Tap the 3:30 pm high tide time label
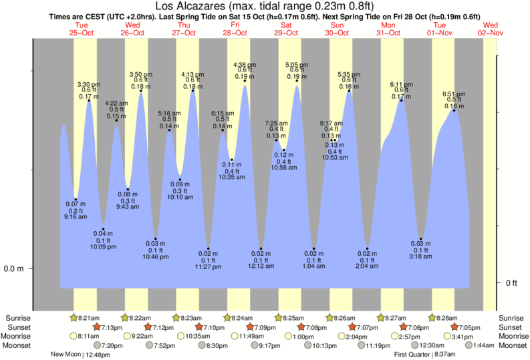(x=89, y=84)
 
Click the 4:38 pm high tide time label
(x=245, y=65)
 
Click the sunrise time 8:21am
(x=87, y=318)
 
